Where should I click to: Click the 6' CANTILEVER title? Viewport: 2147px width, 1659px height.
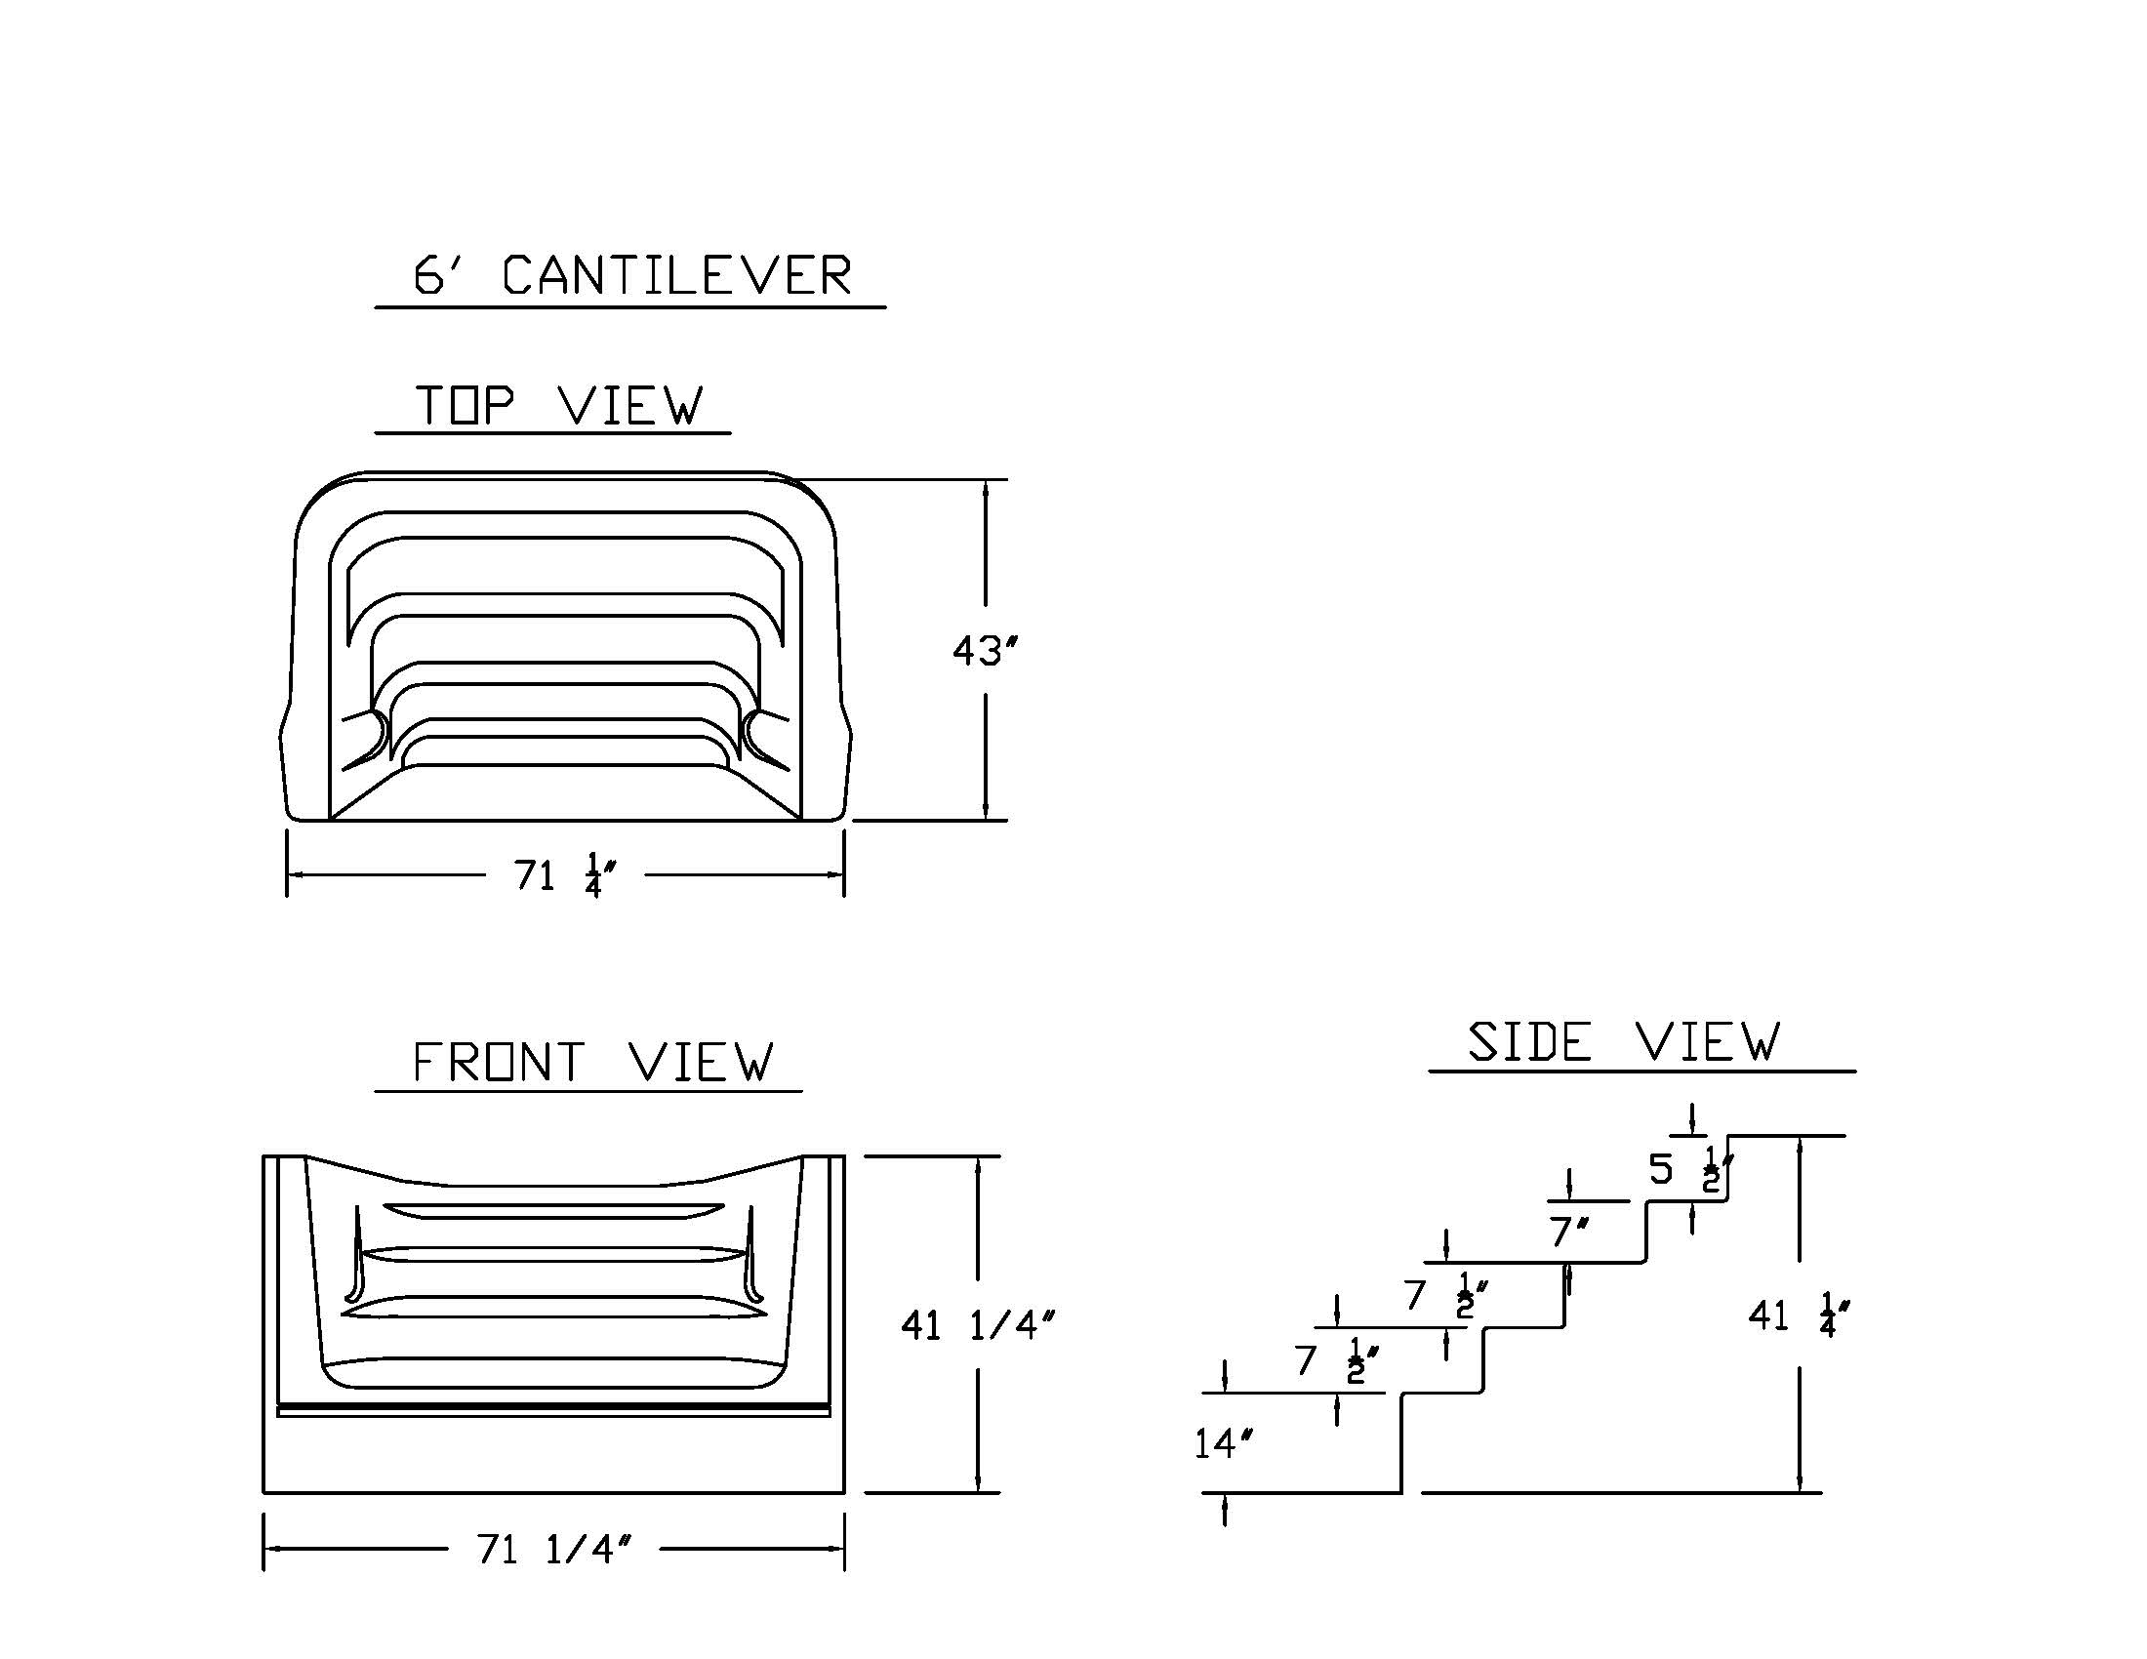tap(631, 275)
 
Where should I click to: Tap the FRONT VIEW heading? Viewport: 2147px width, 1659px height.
tap(592, 1063)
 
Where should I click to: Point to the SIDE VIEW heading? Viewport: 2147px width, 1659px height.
tap(1623, 1042)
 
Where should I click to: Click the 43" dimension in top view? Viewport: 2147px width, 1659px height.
tap(984, 651)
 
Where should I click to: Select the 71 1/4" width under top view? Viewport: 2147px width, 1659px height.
tap(564, 874)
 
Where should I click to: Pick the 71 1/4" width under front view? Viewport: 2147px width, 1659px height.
tap(552, 1550)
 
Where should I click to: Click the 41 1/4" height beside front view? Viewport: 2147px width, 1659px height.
tap(977, 1327)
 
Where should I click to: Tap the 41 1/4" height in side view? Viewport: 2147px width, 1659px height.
tap(1798, 1315)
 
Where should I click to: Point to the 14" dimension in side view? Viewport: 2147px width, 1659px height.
tap(1223, 1443)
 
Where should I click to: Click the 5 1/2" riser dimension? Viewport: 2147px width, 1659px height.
tap(1690, 1169)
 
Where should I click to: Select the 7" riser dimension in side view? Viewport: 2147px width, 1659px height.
tap(1569, 1232)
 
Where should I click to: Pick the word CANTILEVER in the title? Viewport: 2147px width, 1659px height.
tap(676, 275)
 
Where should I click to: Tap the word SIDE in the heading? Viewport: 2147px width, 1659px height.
tap(1529, 1042)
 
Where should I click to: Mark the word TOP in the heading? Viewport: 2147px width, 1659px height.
tap(464, 405)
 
